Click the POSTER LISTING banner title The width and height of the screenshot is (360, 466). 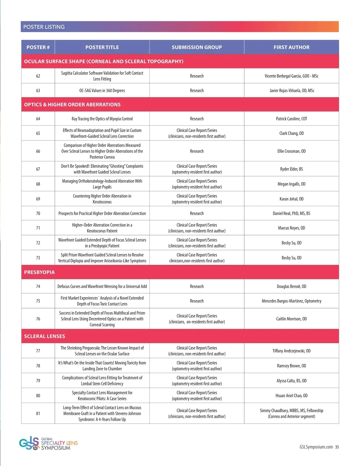tap(44, 27)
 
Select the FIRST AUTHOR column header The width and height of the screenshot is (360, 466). tap(291, 47)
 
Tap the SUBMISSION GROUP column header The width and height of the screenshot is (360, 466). tap(197, 47)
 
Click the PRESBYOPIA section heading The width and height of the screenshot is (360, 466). tap(39, 272)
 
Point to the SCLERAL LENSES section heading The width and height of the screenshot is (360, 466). tap(44, 336)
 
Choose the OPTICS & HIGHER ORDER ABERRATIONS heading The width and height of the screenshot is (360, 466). tap(72, 104)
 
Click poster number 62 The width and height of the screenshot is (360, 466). tap(38, 76)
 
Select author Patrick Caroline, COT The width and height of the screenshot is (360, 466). tap(291, 119)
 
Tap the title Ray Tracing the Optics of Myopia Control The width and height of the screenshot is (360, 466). tap(102, 119)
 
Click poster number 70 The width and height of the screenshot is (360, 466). tap(38, 213)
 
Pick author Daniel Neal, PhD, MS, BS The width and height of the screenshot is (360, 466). tap(291, 213)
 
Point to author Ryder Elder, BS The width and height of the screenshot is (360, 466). tap(291, 169)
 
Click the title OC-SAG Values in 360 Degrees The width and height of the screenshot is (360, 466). tap(102, 90)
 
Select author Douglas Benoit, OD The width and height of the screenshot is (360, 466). tap(291, 286)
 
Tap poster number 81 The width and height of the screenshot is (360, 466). tap(38, 413)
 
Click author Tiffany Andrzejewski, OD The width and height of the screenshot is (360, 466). tap(291, 351)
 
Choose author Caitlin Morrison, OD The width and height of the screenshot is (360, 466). tap(291, 319)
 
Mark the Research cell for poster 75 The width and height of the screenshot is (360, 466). tap(197, 301)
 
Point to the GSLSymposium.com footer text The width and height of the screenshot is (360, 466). tap(316, 447)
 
